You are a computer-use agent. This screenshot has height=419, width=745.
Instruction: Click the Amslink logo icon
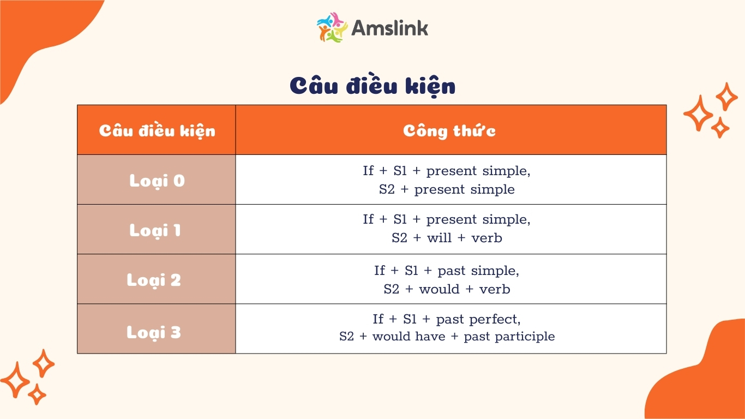[332, 27]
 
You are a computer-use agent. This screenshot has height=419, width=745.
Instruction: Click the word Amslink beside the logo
[390, 28]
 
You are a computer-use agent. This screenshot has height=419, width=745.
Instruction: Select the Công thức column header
[449, 131]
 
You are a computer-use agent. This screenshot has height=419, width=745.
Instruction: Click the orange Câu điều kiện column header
[157, 131]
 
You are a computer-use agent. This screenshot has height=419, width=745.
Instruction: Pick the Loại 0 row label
[157, 181]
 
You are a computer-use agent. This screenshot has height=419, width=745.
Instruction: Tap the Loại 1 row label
[155, 231]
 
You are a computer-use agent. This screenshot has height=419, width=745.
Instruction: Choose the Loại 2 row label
[154, 280]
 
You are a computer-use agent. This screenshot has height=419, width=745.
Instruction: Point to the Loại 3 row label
[154, 332]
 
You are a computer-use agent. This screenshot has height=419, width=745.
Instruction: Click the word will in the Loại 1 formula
[439, 238]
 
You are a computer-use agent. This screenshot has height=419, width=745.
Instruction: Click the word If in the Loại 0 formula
[368, 171]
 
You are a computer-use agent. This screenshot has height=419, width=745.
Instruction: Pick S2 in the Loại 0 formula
[387, 189]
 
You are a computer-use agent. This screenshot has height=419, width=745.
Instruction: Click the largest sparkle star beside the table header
[698, 113]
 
